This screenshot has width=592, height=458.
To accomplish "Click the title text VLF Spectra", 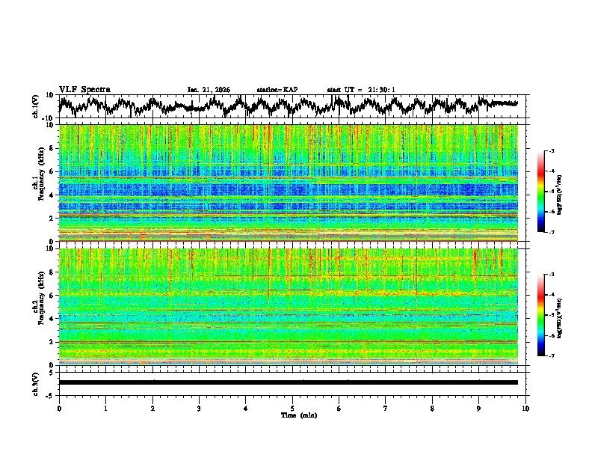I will click(x=84, y=89).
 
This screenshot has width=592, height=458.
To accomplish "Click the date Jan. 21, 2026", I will click(x=209, y=90).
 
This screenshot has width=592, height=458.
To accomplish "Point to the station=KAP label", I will click(x=277, y=90).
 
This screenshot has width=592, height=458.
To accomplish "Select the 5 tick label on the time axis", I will click(x=292, y=408).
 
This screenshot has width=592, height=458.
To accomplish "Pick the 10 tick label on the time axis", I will click(x=525, y=408).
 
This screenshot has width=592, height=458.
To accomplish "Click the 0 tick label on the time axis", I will click(x=59, y=408).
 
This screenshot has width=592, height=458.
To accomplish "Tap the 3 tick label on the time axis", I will click(x=199, y=408).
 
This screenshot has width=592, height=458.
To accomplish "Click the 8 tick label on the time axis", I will click(x=432, y=408).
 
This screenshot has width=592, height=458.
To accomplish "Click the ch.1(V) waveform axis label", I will click(x=37, y=106).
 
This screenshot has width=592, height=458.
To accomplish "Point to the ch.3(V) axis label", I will click(x=37, y=382).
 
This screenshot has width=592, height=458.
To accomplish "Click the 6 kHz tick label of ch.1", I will click(x=52, y=172).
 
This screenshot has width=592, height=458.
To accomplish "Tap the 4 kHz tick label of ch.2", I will click(x=52, y=319).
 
